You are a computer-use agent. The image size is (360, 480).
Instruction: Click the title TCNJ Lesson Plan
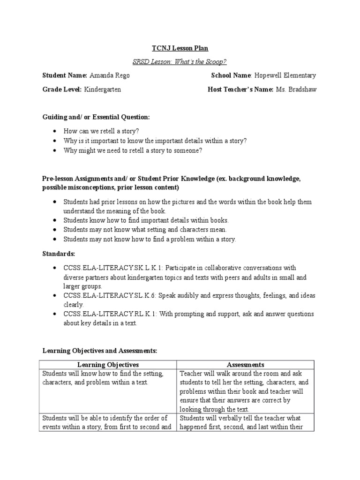[180, 48]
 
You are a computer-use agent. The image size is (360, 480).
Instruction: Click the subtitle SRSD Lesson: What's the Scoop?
[180, 61]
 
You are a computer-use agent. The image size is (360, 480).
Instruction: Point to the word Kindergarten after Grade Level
[103, 90]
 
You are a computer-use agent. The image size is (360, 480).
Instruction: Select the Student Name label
[65, 75]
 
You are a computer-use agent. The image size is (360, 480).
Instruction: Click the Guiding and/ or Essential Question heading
[96, 117]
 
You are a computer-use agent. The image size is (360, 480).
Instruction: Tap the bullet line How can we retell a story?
[101, 131]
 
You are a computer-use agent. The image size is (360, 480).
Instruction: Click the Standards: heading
[59, 254]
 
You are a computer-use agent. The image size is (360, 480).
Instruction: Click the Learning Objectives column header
[108, 364]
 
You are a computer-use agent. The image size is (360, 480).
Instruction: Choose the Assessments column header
[245, 364]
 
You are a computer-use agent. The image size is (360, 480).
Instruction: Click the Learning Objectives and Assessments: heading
[100, 350]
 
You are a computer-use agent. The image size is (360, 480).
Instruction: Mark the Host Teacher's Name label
[240, 90]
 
